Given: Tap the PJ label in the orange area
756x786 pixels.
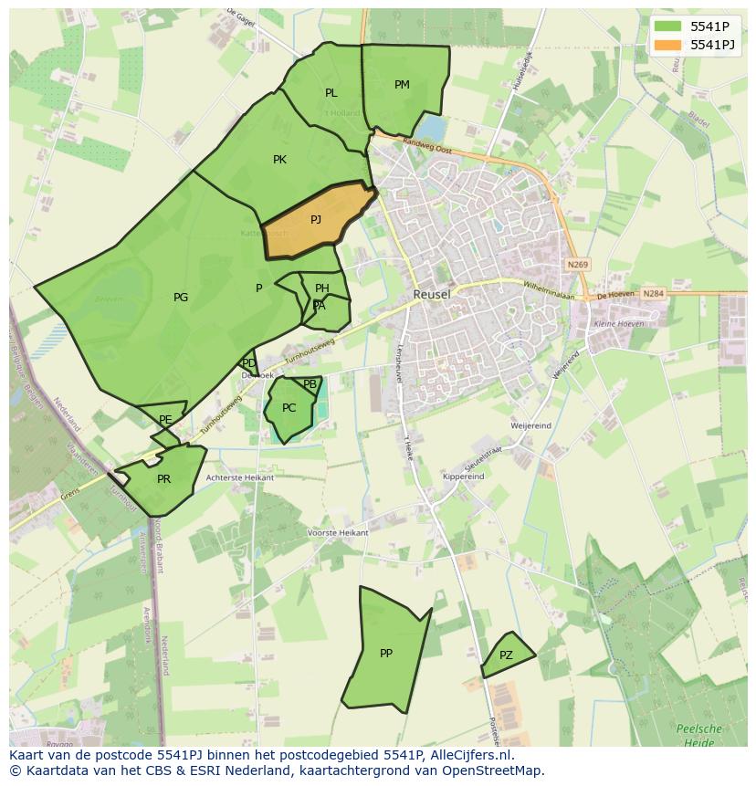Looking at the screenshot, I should point(316,219).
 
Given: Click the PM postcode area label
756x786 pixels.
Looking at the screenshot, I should point(402,85).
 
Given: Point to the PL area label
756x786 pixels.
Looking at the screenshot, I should point(331,93).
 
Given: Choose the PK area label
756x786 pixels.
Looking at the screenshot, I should point(279,160).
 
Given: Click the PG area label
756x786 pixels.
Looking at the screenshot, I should point(181,298).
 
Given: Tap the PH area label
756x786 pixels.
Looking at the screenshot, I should point(321,288).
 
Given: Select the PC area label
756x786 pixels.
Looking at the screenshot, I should point(289,408).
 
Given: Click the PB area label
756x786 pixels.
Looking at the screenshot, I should point(310,384).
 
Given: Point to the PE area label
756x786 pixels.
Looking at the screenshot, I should point(165,420).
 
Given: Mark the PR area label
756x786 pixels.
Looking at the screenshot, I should point(163,479).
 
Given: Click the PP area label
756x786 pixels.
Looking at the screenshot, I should point(386,654).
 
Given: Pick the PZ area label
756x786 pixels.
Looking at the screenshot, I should point(506,655).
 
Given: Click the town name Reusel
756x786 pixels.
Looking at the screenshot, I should point(432,295).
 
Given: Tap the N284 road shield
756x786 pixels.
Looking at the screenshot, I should point(652,294).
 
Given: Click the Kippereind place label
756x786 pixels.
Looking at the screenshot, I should point(463,477).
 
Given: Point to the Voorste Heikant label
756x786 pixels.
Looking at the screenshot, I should point(338,532).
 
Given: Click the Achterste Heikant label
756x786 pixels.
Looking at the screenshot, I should point(240,477).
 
